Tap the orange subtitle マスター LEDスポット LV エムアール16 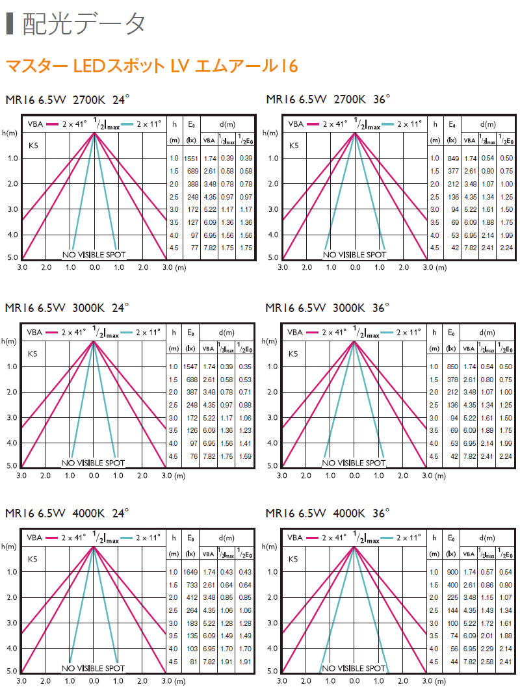pyautogui.click(x=151, y=66)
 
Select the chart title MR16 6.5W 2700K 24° pyautogui.click(x=68, y=99)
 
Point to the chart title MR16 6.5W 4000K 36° pyautogui.click(x=328, y=513)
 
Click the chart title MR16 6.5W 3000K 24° pyautogui.click(x=68, y=307)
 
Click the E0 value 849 pyautogui.click(x=453, y=158)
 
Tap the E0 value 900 pyautogui.click(x=453, y=572)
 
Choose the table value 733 pyautogui.click(x=191, y=585)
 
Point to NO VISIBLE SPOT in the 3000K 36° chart pyautogui.click(x=354, y=463)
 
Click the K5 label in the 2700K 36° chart pyautogui.click(x=294, y=146)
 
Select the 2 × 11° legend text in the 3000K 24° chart pyautogui.click(x=149, y=332)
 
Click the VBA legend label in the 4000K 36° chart pyautogui.click(x=296, y=538)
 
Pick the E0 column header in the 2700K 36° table pyautogui.click(x=452, y=123)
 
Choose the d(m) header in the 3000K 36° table pyautogui.click(x=488, y=332)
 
